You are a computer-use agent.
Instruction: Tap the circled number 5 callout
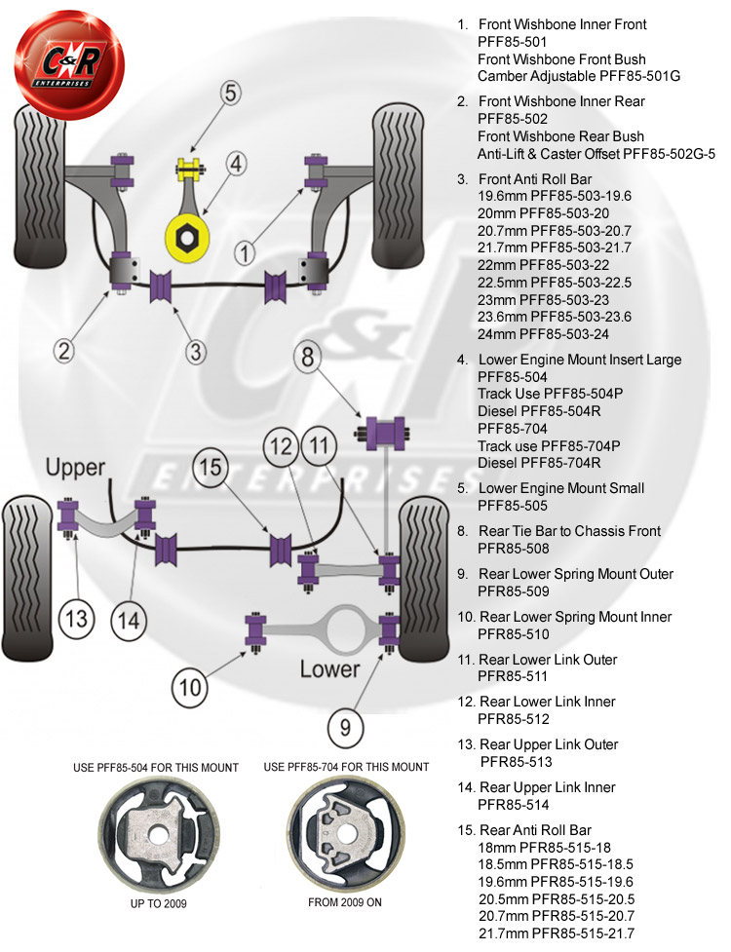coord(230,94)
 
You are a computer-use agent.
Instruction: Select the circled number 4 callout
coord(238,165)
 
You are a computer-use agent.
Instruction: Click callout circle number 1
coord(245,252)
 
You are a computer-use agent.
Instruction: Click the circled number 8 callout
coord(308,358)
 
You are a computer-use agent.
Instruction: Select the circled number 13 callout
coord(77,618)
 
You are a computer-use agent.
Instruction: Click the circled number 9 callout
coord(346,726)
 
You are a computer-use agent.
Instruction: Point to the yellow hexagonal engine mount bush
coord(185,233)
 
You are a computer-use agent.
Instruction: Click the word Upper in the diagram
coord(75,468)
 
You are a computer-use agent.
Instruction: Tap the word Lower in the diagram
coord(329,669)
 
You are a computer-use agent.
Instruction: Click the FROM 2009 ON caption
coord(345,903)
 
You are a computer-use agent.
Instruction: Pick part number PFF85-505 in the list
coord(513,506)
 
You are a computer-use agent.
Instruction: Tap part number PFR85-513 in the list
coord(515,762)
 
